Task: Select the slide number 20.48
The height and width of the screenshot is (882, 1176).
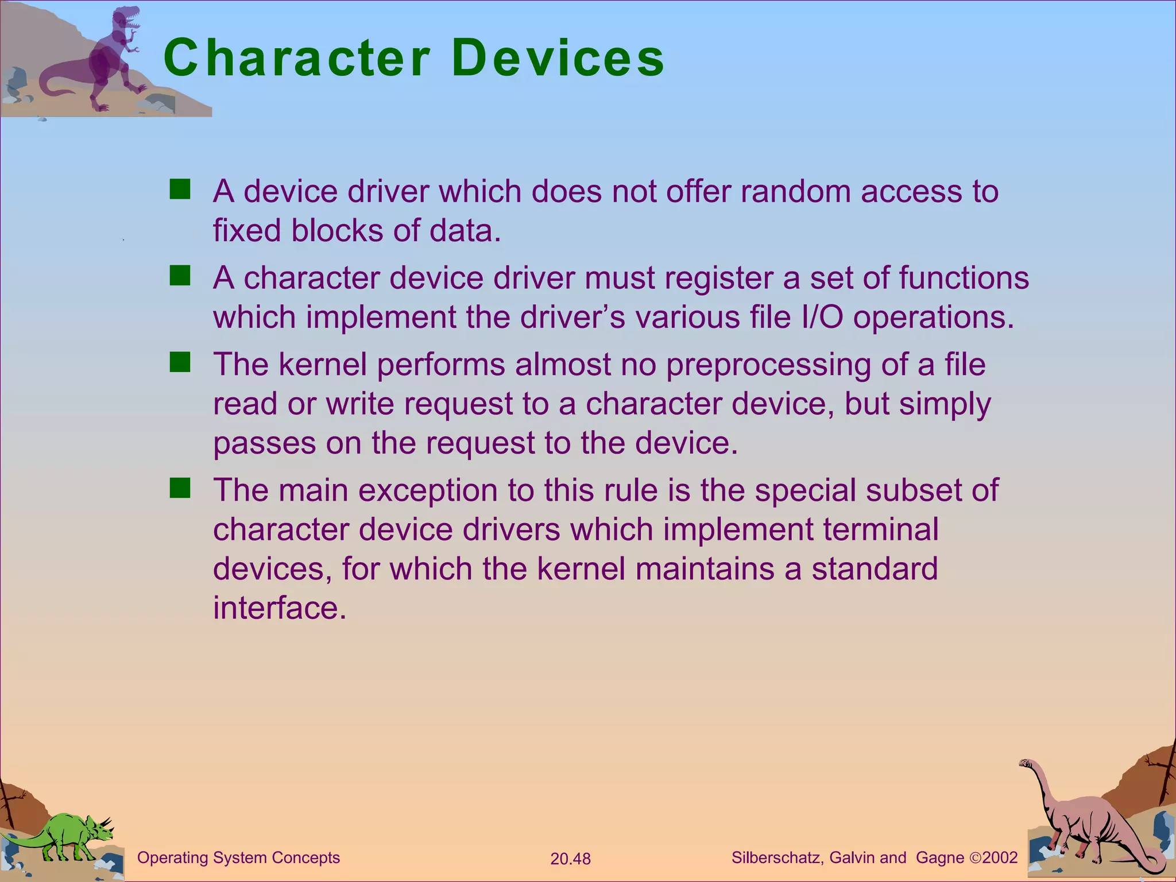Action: (570, 859)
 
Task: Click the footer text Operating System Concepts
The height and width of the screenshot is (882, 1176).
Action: (238, 858)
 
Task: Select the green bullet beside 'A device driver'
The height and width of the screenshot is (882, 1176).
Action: (180, 189)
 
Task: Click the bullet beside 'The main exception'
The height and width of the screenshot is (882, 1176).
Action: (180, 488)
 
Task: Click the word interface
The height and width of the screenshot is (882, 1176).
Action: (280, 608)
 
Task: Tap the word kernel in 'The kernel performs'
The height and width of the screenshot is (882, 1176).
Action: (322, 365)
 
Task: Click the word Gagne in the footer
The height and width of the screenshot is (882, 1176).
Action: (940, 858)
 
